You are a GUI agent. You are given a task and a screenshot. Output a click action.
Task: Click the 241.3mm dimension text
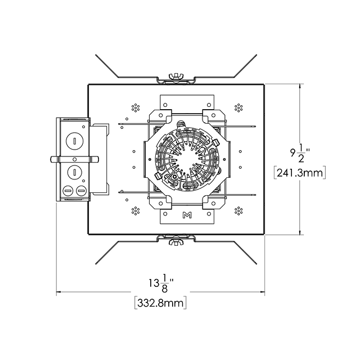click(x=300, y=173)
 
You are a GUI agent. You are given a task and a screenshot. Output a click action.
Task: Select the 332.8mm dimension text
click(x=160, y=303)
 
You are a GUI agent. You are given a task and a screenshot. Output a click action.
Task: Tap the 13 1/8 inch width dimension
click(x=161, y=283)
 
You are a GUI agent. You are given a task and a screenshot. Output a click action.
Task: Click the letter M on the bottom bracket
click(x=187, y=215)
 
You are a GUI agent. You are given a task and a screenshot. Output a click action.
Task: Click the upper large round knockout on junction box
click(x=74, y=141)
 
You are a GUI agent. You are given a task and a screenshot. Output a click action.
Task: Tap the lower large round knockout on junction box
click(x=75, y=172)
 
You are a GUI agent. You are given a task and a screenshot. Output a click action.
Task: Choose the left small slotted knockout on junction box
click(x=68, y=191)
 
